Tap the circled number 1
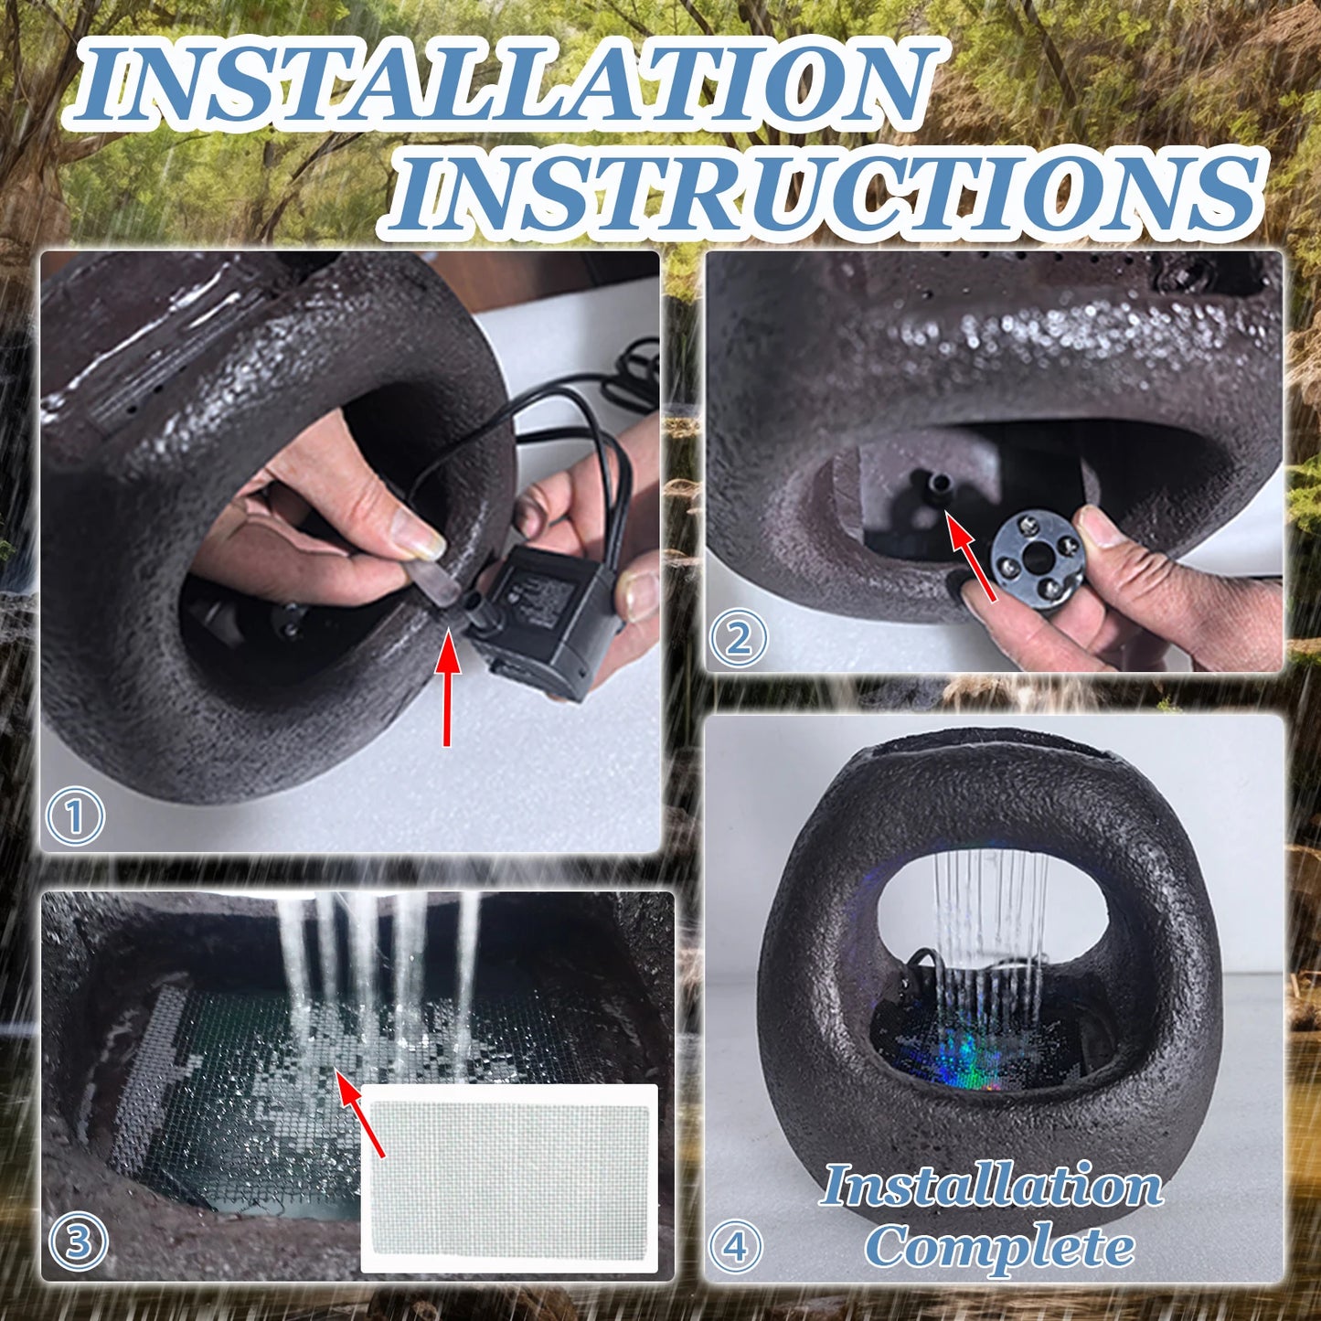click(75, 815)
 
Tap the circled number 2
click(739, 639)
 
